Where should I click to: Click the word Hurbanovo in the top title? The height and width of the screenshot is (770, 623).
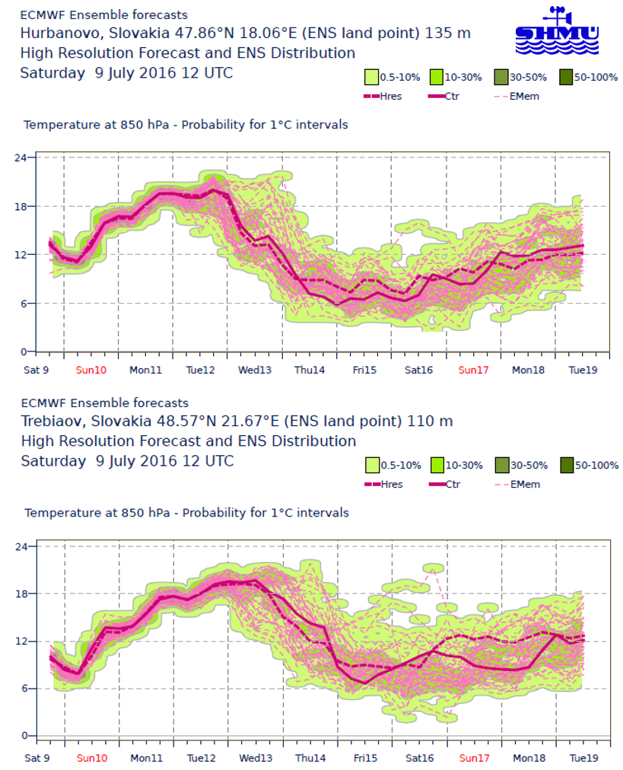pos(54,33)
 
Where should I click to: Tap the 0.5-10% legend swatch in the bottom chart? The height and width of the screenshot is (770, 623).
pos(373,465)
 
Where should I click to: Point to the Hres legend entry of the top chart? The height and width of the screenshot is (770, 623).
pos(383,97)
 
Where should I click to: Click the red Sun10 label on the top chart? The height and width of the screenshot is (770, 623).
pos(92,370)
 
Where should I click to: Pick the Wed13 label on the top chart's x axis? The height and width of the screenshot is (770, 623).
pos(256,370)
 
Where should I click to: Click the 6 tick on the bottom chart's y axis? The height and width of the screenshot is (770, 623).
pos(24,689)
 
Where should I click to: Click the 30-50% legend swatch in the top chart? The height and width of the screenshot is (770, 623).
pos(501,76)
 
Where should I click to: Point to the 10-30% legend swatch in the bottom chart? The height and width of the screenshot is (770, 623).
pos(437,465)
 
